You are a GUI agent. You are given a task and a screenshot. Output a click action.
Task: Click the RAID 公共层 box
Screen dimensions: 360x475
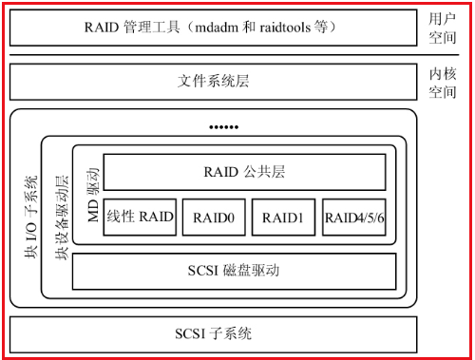(x=244, y=172)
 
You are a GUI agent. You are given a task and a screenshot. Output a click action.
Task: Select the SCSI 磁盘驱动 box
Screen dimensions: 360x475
(x=234, y=271)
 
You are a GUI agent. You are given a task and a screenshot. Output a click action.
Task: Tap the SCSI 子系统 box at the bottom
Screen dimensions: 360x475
(x=214, y=332)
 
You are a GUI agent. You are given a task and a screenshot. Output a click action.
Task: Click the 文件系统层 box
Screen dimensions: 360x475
(x=214, y=81)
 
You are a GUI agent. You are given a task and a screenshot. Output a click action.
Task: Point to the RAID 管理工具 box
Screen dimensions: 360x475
(x=214, y=26)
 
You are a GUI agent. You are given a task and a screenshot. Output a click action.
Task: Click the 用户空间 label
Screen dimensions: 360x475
(x=443, y=26)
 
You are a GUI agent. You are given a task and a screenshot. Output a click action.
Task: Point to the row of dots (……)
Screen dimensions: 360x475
(x=223, y=126)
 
